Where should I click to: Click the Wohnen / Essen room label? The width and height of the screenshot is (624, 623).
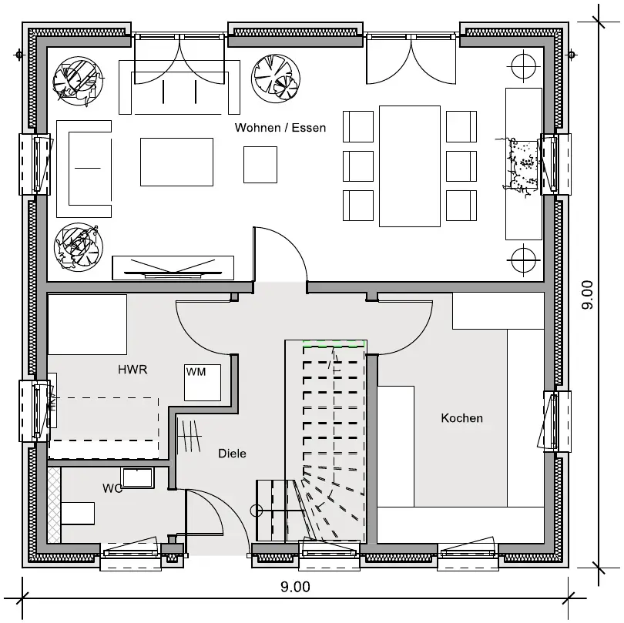[280, 128]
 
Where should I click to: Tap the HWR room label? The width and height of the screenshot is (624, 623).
[133, 370]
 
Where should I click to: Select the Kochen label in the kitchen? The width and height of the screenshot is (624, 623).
[461, 418]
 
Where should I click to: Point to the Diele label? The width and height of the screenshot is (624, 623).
[232, 454]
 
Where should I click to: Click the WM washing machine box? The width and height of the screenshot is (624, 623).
[203, 382]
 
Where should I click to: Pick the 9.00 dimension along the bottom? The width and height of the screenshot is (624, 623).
[295, 587]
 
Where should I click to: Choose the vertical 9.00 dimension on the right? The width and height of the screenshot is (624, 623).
[587, 295]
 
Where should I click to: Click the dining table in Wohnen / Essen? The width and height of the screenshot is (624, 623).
[410, 166]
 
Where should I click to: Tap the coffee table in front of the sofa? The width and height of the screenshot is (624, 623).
[176, 162]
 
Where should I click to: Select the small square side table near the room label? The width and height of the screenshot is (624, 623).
[260, 165]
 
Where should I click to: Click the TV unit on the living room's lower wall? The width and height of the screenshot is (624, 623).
[173, 268]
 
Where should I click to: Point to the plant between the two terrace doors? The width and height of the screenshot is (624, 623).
[276, 78]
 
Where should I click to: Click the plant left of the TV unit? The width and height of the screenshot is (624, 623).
[79, 247]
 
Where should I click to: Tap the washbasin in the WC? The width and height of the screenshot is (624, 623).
[137, 477]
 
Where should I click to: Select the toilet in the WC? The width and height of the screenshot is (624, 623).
[78, 514]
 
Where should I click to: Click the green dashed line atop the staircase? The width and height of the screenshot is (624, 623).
[334, 341]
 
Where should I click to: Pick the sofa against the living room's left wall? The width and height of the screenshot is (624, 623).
[84, 169]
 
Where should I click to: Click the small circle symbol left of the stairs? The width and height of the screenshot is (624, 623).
[257, 511]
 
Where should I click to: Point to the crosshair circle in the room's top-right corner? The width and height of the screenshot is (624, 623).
[523, 65]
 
